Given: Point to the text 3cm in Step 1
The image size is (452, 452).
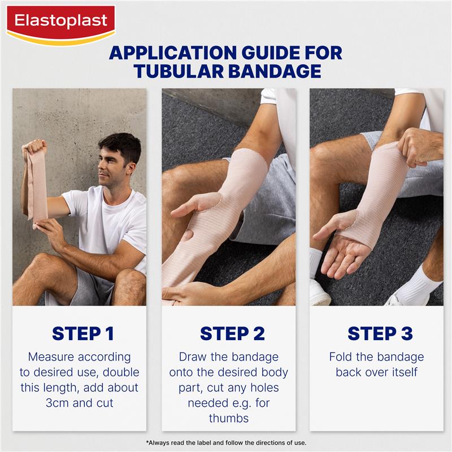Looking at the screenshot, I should (58, 403).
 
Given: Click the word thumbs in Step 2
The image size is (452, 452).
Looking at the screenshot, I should (229, 418).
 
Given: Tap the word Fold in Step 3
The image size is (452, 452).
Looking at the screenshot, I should (342, 357).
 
